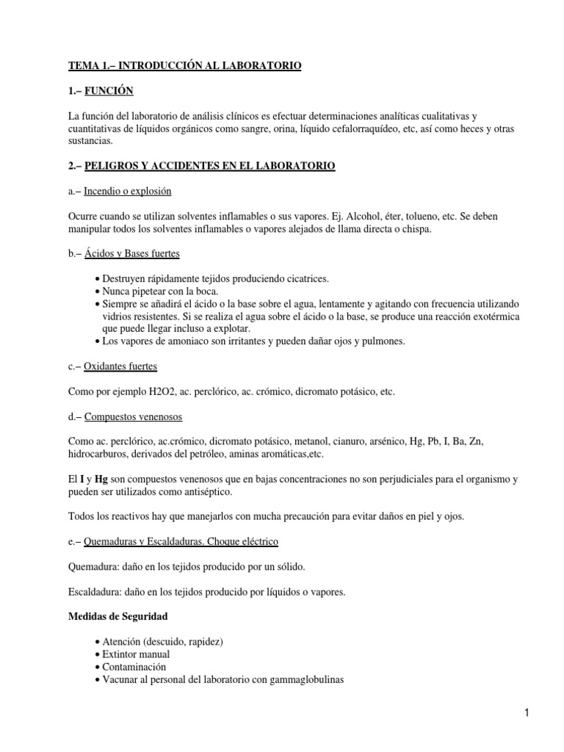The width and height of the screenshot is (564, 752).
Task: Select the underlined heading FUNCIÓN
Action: pos(109,92)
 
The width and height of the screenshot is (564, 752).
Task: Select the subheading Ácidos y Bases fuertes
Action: pos(132,254)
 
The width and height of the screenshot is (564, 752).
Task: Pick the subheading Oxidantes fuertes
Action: pos(120,366)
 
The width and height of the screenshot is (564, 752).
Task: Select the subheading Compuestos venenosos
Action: pos(134,417)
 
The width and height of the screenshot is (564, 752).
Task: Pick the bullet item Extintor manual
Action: pos(136,654)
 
